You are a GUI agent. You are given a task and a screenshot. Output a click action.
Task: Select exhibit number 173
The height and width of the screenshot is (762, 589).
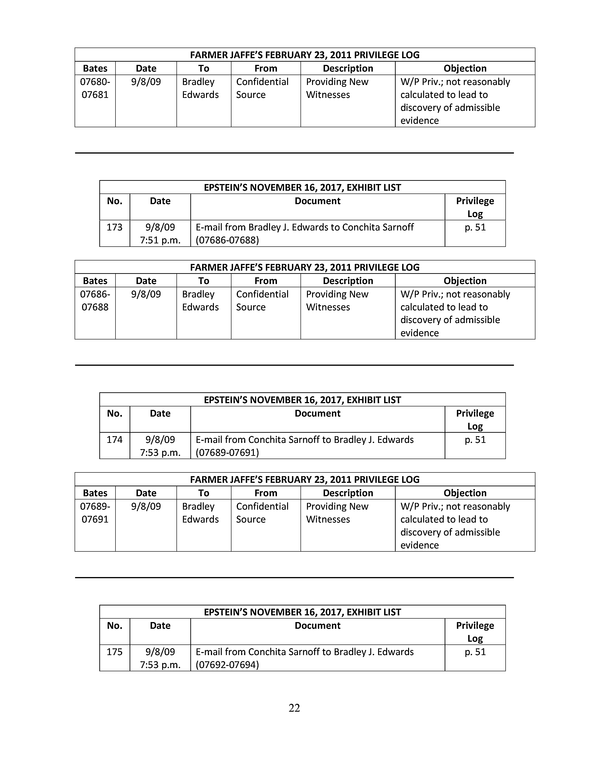[x=114, y=227]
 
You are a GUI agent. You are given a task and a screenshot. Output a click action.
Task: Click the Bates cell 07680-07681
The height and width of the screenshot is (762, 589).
[x=95, y=88]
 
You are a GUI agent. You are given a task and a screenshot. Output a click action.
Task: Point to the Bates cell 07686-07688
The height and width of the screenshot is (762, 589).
[x=95, y=300]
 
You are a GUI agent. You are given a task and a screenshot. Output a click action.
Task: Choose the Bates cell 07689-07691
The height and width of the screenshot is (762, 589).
[x=95, y=513]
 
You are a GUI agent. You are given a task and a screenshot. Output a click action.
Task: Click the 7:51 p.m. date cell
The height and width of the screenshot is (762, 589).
[x=160, y=233]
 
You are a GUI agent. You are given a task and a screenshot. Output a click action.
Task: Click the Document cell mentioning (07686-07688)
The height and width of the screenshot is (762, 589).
[x=305, y=233]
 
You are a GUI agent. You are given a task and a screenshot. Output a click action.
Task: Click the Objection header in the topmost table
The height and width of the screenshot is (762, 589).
[x=465, y=68]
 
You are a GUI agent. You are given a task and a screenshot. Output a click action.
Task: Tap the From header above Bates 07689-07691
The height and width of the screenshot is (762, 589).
[x=266, y=493]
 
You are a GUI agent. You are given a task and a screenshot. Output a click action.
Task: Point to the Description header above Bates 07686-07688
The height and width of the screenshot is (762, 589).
[x=348, y=281]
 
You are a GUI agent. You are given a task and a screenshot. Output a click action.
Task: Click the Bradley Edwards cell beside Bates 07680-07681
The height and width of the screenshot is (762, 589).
[x=200, y=88]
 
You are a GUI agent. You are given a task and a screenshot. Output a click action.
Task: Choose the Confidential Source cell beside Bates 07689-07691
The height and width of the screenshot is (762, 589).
[x=262, y=513]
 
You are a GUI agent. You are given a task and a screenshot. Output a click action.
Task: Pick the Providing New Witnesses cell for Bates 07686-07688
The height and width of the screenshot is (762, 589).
[x=337, y=300]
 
